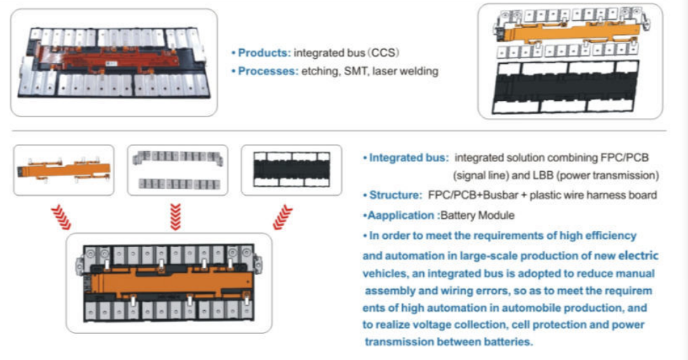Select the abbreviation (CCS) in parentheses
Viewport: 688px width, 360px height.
pos(386,53)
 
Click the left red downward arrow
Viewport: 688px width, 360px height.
pos(64,216)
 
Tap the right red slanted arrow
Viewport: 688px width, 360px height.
pos(284,216)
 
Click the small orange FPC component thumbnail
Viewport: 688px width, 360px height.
pos(64,170)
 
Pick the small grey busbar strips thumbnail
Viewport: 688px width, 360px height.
pos(178,170)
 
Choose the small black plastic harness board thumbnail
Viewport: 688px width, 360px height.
pos(291,170)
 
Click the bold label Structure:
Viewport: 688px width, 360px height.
pos(394,194)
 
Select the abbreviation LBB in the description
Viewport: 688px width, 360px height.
pos(528,175)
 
